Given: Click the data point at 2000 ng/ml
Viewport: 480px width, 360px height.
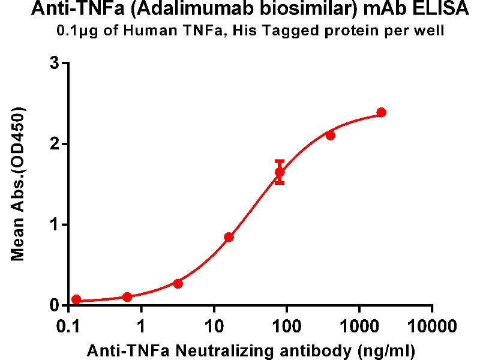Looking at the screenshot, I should [x=382, y=112].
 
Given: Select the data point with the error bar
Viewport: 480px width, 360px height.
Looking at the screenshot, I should [x=280, y=172].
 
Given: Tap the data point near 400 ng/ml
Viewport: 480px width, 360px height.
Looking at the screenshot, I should [x=330, y=135].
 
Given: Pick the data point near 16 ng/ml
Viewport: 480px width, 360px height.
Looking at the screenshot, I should [x=229, y=236].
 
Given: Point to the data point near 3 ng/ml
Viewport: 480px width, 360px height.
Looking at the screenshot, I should [x=178, y=283].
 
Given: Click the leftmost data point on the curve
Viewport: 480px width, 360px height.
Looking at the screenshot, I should [x=76, y=299].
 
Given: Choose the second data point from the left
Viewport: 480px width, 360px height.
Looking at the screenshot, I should [x=127, y=296].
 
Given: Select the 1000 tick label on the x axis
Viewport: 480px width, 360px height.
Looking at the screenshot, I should [x=359, y=327].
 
